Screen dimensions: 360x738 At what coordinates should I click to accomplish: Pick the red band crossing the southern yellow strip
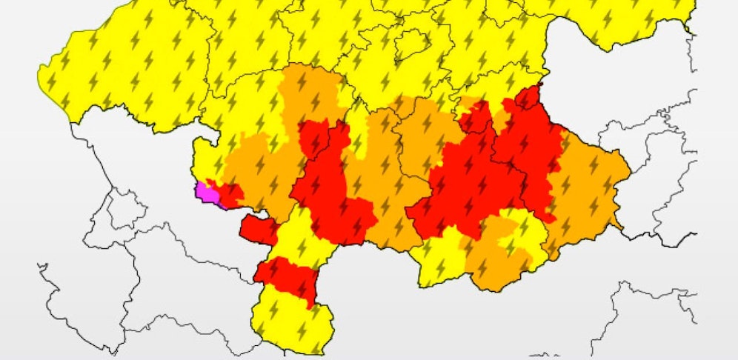pos(287,277)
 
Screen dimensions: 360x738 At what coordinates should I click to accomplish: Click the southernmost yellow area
pos(293,322)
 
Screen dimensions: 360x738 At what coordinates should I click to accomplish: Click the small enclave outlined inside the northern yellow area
pos(411,44)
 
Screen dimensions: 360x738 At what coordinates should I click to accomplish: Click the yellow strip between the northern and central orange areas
pos(356,126)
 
